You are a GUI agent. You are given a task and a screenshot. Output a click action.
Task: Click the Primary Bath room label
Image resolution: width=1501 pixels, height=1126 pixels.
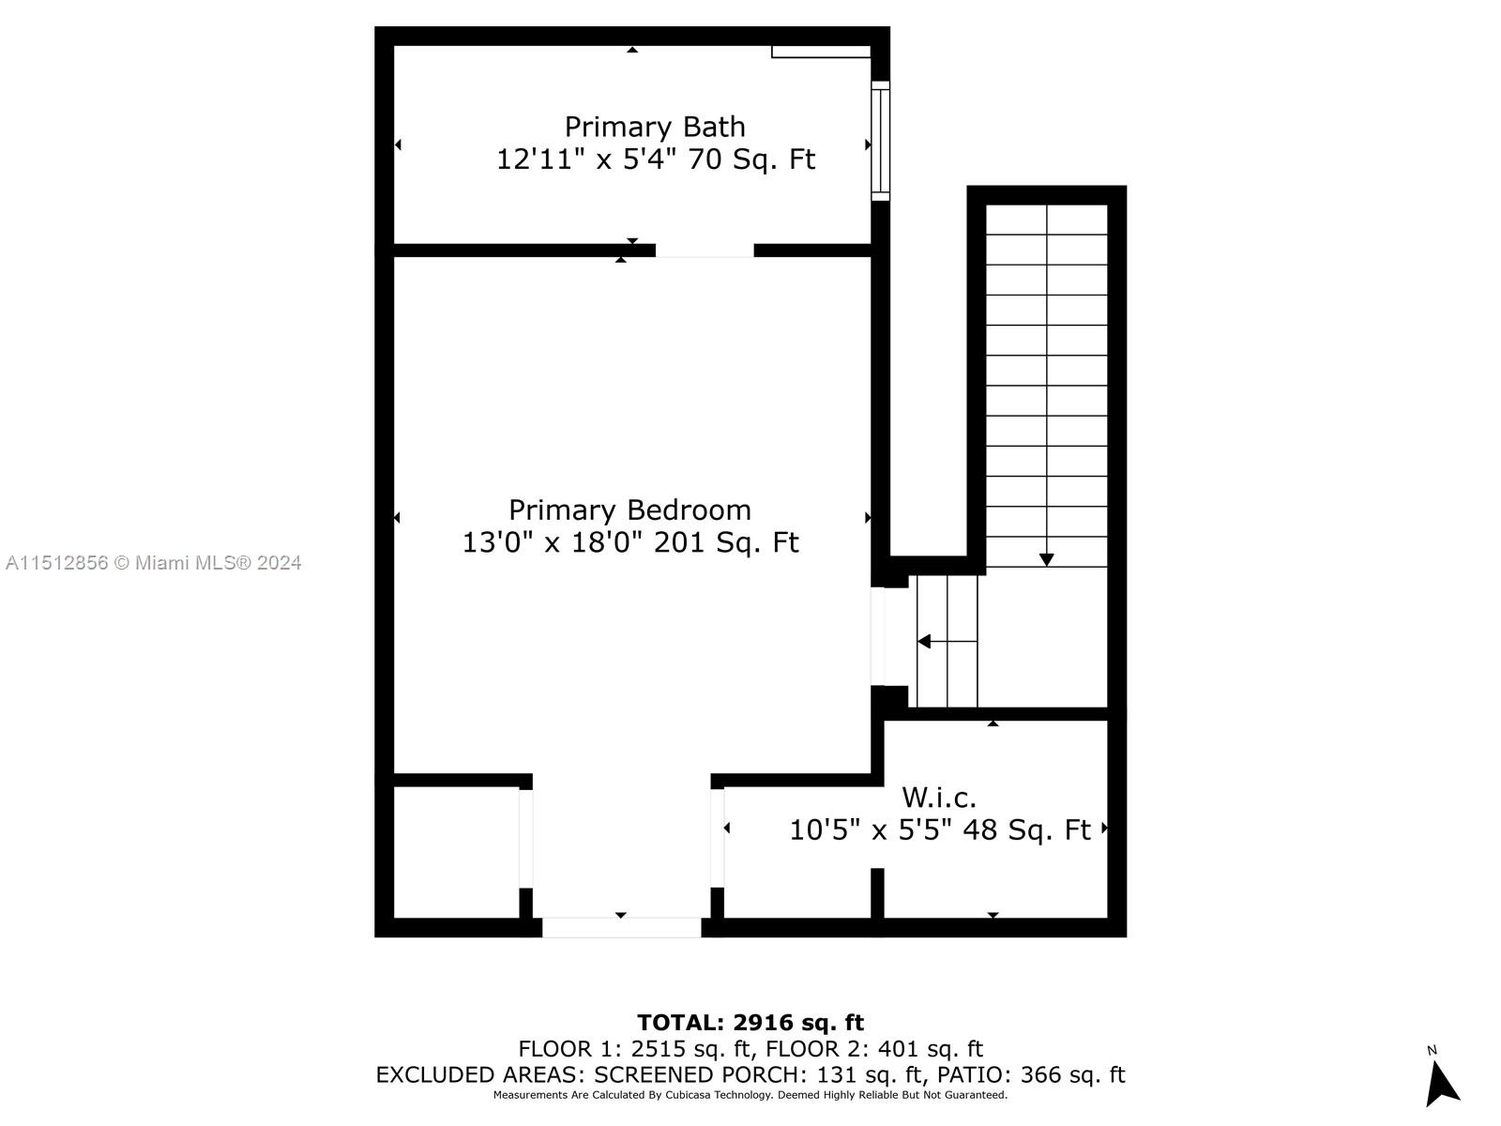click(655, 127)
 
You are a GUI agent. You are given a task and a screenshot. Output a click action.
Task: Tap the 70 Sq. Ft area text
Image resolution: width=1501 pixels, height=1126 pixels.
click(751, 160)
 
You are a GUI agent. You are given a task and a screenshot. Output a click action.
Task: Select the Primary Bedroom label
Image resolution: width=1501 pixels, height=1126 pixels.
click(629, 510)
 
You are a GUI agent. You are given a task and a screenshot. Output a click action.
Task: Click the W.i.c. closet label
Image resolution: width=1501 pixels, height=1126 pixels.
click(939, 798)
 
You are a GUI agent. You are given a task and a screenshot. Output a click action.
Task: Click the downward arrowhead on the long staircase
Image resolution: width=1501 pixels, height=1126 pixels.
click(1047, 560)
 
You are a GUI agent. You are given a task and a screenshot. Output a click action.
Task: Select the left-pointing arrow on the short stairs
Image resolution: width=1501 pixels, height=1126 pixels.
click(924, 642)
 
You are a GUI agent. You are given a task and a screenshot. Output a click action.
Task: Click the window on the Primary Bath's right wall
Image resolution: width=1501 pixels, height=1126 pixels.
click(880, 141)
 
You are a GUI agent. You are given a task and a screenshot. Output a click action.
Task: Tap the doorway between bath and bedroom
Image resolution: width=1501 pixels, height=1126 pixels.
click(705, 251)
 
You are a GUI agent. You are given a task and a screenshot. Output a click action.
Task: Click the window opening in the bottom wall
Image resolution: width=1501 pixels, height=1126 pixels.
click(621, 927)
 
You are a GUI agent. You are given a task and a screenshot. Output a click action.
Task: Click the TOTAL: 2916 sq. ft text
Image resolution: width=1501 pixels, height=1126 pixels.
click(750, 1023)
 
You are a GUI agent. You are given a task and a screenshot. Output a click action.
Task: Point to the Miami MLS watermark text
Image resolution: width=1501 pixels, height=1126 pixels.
click(153, 563)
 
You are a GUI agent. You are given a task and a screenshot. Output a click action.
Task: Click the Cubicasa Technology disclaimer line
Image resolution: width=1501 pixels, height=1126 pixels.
click(750, 1095)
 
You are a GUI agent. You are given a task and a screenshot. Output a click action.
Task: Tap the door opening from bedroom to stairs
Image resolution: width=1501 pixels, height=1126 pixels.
click(878, 636)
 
